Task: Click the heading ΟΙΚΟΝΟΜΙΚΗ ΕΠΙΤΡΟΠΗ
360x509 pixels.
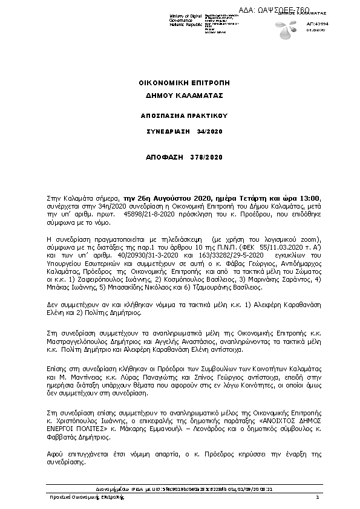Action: [180, 82]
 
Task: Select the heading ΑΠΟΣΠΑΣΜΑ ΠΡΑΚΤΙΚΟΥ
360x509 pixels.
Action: [180, 114]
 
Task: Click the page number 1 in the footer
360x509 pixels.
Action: [317, 496]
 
